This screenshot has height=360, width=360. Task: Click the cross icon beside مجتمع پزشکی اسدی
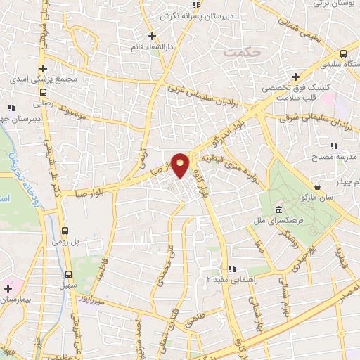(x=44, y=69)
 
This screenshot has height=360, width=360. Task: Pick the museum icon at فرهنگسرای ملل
(x=279, y=210)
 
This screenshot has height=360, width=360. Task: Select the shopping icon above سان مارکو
(x=319, y=187)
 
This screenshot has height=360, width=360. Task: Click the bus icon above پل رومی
(x=65, y=231)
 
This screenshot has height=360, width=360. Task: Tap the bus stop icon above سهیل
(x=69, y=274)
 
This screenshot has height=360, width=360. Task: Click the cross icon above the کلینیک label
(x=295, y=76)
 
